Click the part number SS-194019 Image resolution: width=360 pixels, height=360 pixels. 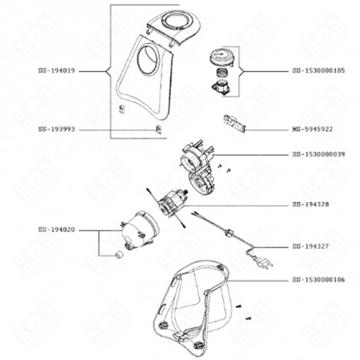click(x=57, y=70)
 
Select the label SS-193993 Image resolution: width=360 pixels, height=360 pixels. click(x=57, y=129)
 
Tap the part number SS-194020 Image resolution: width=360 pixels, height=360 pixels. click(x=57, y=229)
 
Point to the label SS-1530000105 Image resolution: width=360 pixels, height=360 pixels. click(x=318, y=70)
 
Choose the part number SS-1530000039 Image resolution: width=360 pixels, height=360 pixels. click(x=318, y=154)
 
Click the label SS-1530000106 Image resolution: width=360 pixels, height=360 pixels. click(x=318, y=280)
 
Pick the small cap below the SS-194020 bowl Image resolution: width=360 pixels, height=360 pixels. click(x=119, y=254)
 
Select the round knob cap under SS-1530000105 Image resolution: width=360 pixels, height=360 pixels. click(x=221, y=57)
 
